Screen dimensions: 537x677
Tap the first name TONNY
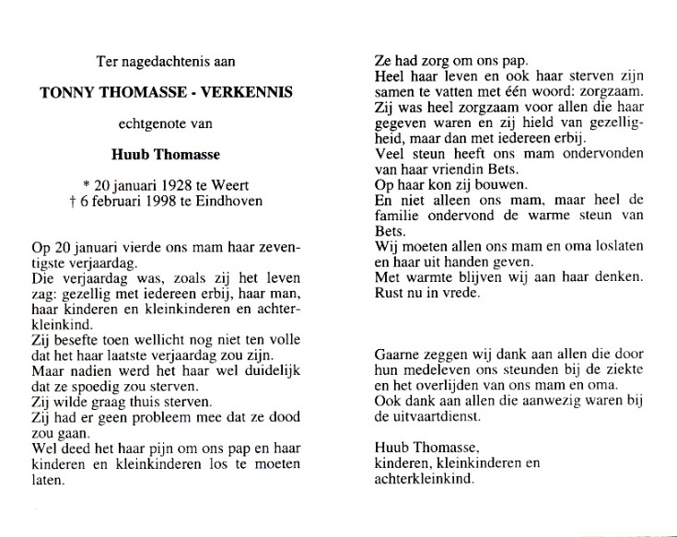pos(64,92)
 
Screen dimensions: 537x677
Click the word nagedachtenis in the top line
pos(166,62)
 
